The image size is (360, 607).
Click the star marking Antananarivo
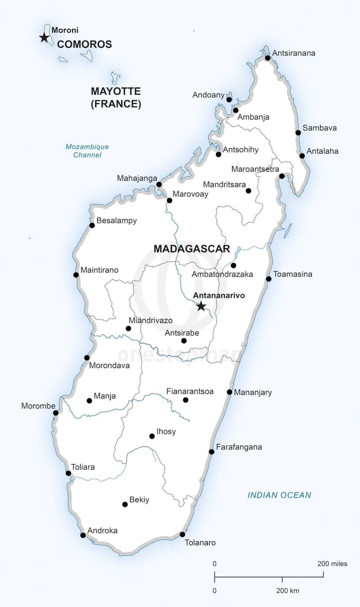pyautogui.click(x=201, y=306)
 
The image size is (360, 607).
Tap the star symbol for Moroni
pyautogui.click(x=44, y=38)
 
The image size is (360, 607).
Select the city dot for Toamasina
pyautogui.click(x=268, y=279)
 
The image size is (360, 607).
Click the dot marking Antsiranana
pyautogui.click(x=268, y=58)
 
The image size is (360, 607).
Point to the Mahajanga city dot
pyautogui.click(x=159, y=185)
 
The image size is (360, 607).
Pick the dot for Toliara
pyautogui.click(x=68, y=473)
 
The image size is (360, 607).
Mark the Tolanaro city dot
pyautogui.click(x=183, y=534)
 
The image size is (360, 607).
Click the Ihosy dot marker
pyautogui.click(x=152, y=436)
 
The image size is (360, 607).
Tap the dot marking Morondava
pyautogui.click(x=87, y=358)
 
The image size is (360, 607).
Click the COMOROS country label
pyautogui.click(x=84, y=44)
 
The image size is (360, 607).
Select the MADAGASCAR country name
pyautogui.click(x=192, y=249)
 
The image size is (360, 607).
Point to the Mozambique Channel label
pyautogui.click(x=87, y=151)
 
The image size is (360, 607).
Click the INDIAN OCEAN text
pyautogui.click(x=279, y=495)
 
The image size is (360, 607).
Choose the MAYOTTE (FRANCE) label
pyautogui.click(x=116, y=98)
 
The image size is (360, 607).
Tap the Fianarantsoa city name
pyautogui.click(x=190, y=391)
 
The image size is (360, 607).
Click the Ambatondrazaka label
pyautogui.click(x=222, y=274)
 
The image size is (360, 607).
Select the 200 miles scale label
pyautogui.click(x=332, y=564)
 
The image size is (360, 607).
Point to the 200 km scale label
pyautogui.click(x=287, y=591)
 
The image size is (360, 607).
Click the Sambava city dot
pyautogui.click(x=298, y=132)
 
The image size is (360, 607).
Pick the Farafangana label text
pyautogui.click(x=239, y=447)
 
